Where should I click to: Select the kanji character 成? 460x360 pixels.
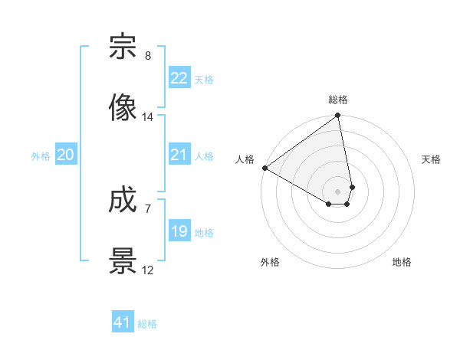[123, 202]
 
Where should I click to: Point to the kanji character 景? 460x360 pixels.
[123, 261]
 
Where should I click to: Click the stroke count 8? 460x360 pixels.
[148, 56]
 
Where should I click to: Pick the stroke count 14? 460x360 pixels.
[148, 117]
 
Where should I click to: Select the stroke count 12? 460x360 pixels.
[148, 270]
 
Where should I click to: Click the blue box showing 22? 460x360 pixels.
[179, 78]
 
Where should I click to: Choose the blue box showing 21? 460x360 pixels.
[179, 155]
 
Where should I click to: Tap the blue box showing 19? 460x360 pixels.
[179, 231]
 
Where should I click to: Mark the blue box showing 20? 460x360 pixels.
[65, 155]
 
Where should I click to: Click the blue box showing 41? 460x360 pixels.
[123, 322]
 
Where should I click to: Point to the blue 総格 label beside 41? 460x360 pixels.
[147, 324]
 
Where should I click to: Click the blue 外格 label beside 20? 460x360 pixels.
[41, 156]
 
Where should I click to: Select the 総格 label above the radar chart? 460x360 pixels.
[338, 100]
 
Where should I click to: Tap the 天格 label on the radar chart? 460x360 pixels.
[432, 159]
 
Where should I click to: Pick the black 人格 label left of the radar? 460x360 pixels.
[245, 159]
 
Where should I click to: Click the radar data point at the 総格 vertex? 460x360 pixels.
[338, 116]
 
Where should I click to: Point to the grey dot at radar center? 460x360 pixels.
[338, 190]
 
